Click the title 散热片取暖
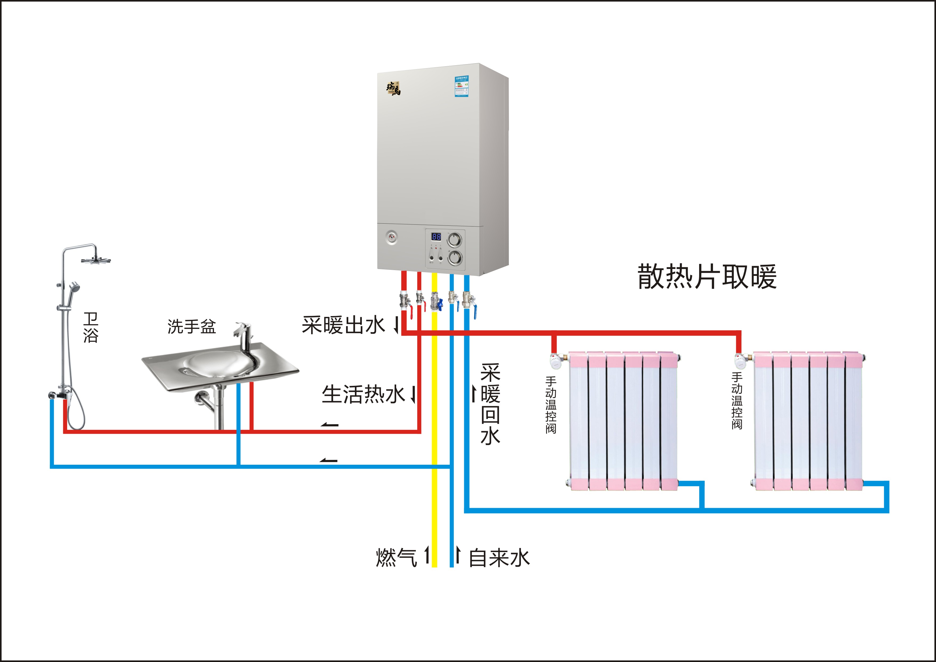click(707, 277)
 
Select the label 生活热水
click(363, 394)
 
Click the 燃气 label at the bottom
click(396, 557)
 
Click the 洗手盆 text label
click(191, 326)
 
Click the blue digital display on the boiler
click(436, 236)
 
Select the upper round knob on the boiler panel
click(455, 240)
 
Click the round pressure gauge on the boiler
click(391, 237)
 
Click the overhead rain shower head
click(96, 260)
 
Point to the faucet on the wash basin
click(244, 336)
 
